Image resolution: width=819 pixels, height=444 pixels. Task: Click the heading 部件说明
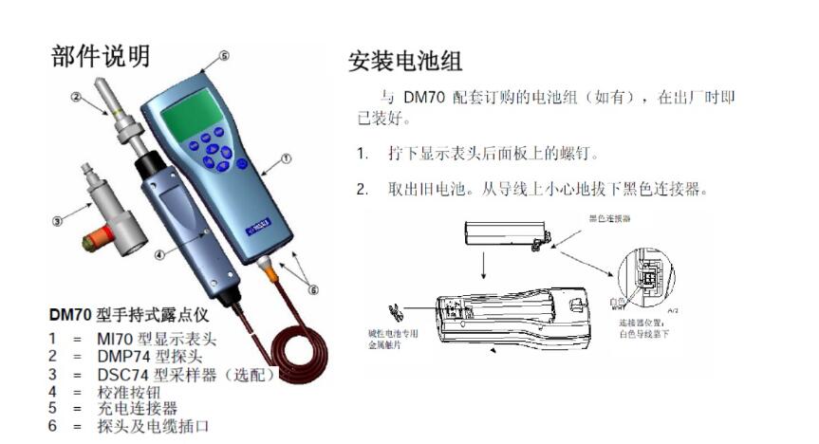click(x=100, y=56)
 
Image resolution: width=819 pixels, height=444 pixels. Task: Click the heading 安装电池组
click(x=405, y=63)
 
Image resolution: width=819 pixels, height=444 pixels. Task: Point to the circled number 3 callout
click(x=57, y=221)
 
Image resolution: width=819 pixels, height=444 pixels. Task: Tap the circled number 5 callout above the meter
click(x=224, y=57)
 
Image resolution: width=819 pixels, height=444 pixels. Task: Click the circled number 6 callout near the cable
click(x=314, y=290)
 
